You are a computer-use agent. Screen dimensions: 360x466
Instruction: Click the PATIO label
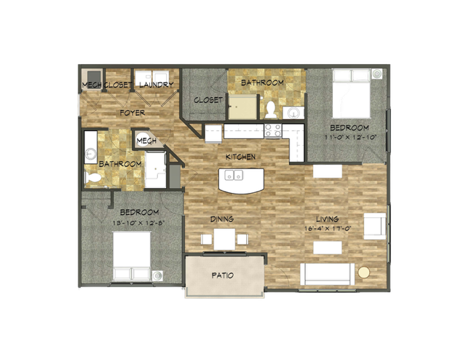tap(222, 276)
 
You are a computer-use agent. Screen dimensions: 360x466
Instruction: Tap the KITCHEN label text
tap(240, 157)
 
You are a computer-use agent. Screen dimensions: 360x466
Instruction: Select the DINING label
tap(221, 218)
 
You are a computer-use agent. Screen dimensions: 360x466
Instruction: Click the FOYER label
tap(133, 113)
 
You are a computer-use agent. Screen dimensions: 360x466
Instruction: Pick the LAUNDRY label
tap(155, 85)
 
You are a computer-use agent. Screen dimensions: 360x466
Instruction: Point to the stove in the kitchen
tap(273, 130)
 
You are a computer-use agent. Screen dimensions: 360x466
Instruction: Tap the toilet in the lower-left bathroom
tap(94, 176)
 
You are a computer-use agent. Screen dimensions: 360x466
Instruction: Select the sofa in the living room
tap(328, 274)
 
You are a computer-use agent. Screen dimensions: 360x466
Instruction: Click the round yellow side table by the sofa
tap(364, 273)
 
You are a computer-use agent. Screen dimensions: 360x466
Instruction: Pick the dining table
tap(224, 239)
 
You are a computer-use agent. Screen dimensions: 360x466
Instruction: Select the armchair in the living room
tap(375, 226)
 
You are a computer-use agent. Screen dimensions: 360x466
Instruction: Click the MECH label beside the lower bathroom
tap(146, 141)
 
